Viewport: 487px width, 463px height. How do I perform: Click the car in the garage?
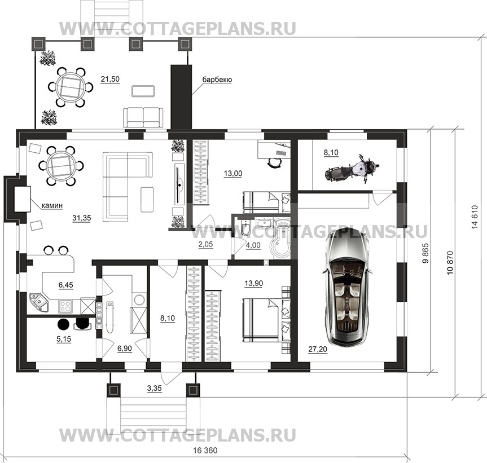(x=346, y=288)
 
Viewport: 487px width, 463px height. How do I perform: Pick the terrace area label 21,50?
(x=110, y=79)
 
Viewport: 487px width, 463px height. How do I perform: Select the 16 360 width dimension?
(x=203, y=451)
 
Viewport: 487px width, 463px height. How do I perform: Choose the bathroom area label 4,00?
(x=253, y=245)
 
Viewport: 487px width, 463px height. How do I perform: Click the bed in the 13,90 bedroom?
(x=262, y=320)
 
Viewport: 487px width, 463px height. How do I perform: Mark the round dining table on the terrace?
(x=71, y=87)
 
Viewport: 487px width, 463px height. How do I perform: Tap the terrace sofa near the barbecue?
(x=143, y=117)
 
